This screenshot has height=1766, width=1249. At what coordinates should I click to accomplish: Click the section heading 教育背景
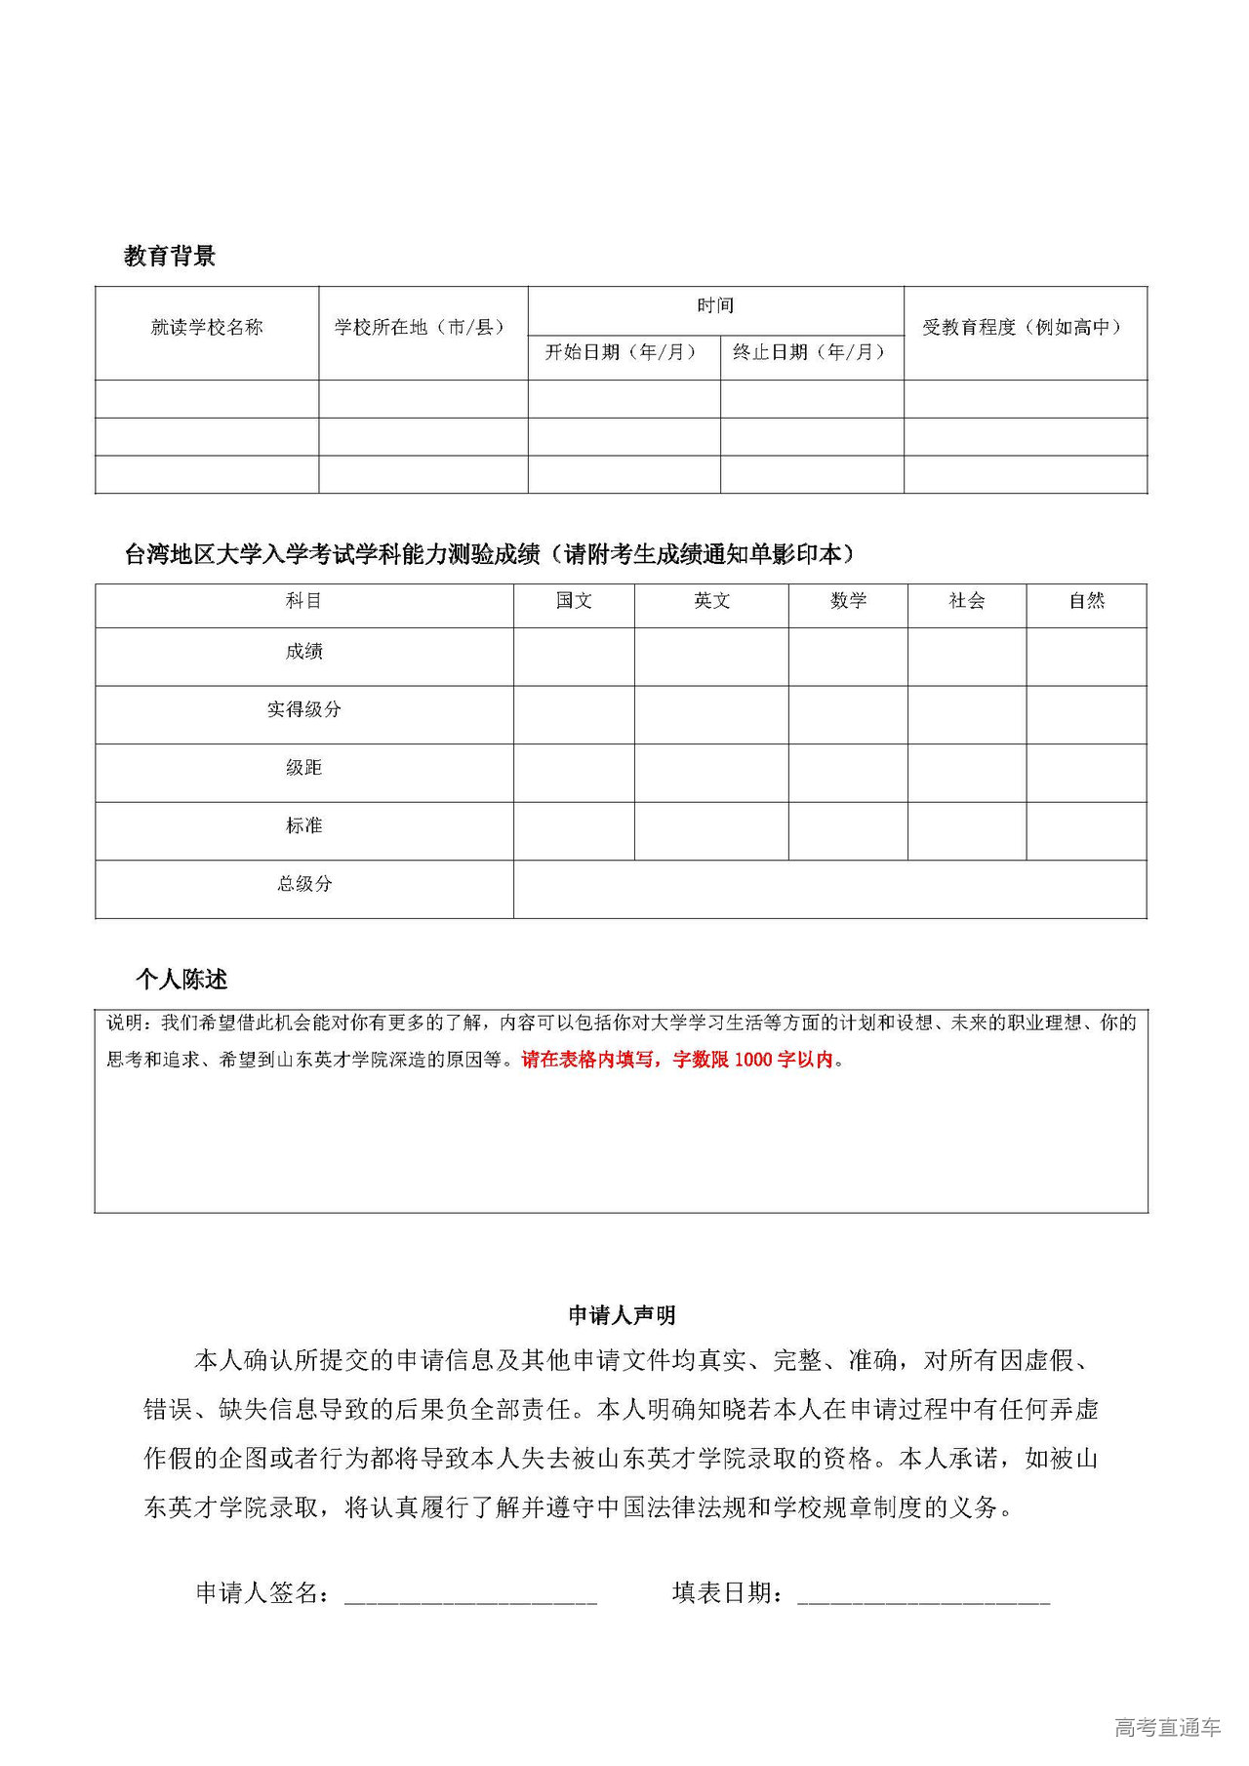[x=169, y=256]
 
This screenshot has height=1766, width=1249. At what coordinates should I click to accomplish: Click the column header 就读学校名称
[x=207, y=328]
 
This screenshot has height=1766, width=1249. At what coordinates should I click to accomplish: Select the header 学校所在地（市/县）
[x=422, y=328]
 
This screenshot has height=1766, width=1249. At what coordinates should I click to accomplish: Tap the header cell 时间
[x=715, y=306]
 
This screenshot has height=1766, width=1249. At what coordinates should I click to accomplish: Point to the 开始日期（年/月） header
[x=623, y=352]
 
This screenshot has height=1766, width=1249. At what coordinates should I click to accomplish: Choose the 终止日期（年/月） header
[x=811, y=352]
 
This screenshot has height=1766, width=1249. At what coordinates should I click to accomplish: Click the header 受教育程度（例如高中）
[x=1024, y=328]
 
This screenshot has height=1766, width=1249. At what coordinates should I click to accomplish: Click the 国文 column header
[x=574, y=601]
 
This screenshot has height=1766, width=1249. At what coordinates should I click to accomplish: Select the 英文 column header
[x=711, y=601]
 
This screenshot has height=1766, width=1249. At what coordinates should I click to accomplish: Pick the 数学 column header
[x=848, y=601]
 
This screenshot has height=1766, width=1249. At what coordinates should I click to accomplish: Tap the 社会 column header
[x=967, y=601]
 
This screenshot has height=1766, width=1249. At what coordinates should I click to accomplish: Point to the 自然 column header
[x=1086, y=601]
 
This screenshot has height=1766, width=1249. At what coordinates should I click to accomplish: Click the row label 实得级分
[x=304, y=709]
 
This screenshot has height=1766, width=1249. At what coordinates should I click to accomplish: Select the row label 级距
[x=304, y=768]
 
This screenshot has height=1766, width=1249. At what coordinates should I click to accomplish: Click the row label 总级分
[x=304, y=884]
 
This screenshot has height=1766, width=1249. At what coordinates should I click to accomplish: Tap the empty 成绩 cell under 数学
[x=848, y=656]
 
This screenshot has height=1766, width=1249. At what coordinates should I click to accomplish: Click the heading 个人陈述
[x=181, y=979]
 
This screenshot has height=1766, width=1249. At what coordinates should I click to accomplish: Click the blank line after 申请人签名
[x=470, y=1593]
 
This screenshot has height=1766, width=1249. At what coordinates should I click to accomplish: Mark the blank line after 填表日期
[x=923, y=1593]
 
